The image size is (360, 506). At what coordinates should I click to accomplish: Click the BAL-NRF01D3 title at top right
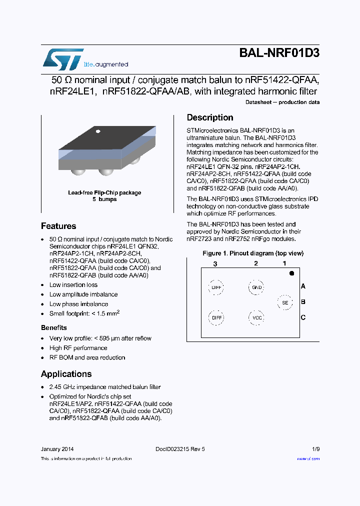(279, 53)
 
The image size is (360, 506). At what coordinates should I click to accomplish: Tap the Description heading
(210, 117)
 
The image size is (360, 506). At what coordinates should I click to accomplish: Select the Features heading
(58, 226)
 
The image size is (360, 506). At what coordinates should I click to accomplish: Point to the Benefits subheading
(54, 327)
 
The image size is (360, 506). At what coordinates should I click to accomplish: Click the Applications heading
(66, 374)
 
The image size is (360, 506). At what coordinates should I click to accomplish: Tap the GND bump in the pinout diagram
(256, 287)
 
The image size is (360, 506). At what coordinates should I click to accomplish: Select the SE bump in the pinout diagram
(285, 302)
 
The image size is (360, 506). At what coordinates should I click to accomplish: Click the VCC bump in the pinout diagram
(256, 317)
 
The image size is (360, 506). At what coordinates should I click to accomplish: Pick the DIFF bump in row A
(216, 287)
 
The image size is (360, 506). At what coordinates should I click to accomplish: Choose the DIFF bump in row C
(216, 317)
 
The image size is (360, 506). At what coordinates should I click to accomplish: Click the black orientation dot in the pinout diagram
(291, 273)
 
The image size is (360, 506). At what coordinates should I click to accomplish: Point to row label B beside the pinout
(303, 302)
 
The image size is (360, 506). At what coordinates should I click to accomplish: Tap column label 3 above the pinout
(215, 263)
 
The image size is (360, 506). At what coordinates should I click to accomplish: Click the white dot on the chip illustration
(98, 131)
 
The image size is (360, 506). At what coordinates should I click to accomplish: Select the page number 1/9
(316, 449)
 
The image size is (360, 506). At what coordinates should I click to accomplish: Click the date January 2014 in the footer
(57, 449)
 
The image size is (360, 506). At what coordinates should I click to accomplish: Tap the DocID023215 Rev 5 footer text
(177, 449)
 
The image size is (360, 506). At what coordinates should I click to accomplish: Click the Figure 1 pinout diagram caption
(253, 253)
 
